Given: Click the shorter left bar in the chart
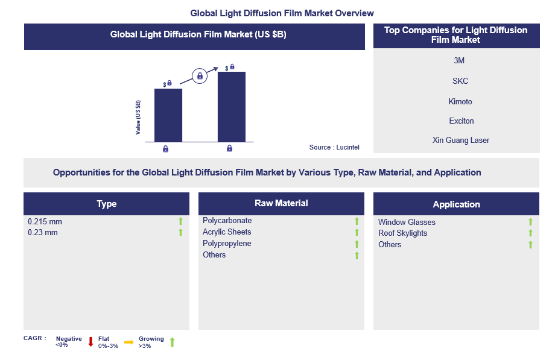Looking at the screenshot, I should pos(168,115).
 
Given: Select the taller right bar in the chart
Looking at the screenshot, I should pos(232,107).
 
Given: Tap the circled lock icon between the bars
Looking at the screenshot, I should pos(200,76).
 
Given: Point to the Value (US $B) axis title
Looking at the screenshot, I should pos(138,117).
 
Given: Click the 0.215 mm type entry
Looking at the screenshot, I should pos(45,222).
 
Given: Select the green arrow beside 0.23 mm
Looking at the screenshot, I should pos(180,233).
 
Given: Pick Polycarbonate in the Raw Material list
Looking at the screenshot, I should pos(227,221).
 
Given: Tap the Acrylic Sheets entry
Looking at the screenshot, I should pos(227,232).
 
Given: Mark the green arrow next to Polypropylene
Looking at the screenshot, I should pos(357,244).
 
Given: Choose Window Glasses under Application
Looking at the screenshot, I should pos(407,222).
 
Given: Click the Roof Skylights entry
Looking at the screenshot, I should pos(402,233).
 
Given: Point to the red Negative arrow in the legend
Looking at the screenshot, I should pos(91,342).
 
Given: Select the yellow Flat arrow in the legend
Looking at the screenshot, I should pos(129,342).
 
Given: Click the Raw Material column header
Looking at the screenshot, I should pos(281,204).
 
